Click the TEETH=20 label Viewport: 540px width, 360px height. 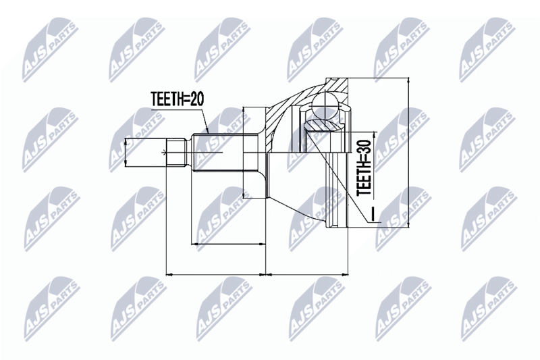pos(178,99)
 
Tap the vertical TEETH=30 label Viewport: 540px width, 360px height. pos(364,168)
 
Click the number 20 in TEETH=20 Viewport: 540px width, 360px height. pos(197,99)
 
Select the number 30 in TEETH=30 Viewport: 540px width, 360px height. pos(364,147)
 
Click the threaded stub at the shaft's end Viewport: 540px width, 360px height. pos(176,152)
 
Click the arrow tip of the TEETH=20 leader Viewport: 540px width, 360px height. pos(208,132)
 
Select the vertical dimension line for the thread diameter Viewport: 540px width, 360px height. pos(126,152)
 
